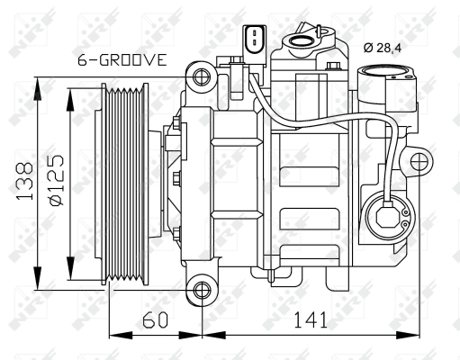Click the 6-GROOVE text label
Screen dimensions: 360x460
[x=121, y=60]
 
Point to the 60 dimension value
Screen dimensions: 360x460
[x=155, y=319]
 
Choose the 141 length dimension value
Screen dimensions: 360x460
[x=309, y=319]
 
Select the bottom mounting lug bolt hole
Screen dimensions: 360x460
[x=203, y=292]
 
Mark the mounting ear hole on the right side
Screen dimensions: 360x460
[x=419, y=161]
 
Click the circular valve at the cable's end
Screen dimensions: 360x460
[x=387, y=216]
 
